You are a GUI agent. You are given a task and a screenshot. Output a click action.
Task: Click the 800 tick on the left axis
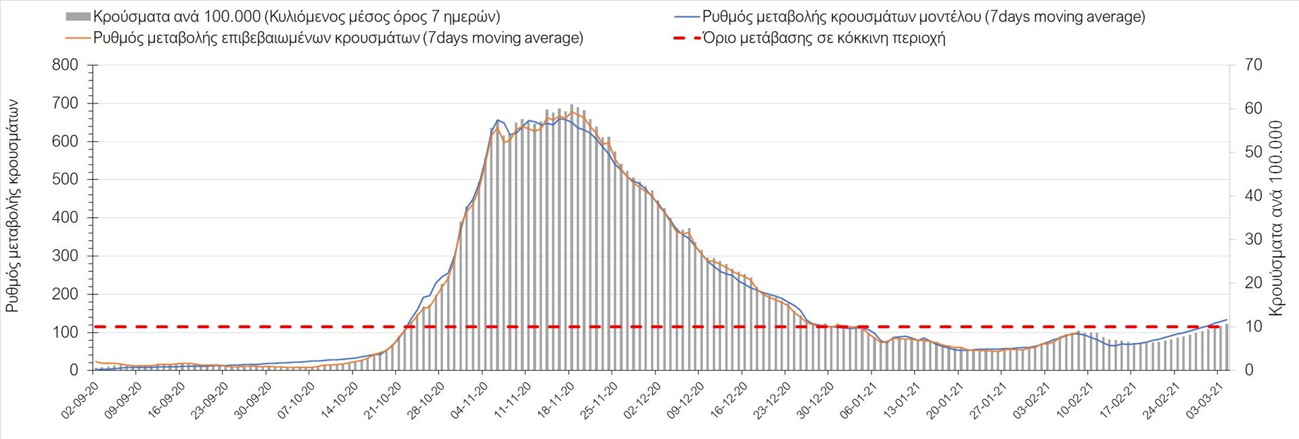[65, 66]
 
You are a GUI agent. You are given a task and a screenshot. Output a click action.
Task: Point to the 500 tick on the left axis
[65, 180]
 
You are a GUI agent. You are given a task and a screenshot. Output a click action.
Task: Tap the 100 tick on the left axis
[65, 332]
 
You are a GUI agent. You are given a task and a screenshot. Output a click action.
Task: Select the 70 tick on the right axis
[1254, 65]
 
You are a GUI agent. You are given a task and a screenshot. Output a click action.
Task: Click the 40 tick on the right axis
[1254, 195]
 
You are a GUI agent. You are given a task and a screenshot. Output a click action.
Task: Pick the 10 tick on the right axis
[1254, 326]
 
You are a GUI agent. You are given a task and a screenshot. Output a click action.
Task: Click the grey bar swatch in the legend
[78, 16]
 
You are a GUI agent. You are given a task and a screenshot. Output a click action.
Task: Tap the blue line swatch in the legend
[687, 16]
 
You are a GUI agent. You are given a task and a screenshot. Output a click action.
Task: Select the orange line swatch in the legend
[78, 38]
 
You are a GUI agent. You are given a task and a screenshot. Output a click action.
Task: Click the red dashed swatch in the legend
[687, 38]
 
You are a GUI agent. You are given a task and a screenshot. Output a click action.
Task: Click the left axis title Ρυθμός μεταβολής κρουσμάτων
[13, 206]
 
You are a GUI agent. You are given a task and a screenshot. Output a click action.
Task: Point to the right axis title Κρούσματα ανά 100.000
[1276, 218]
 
